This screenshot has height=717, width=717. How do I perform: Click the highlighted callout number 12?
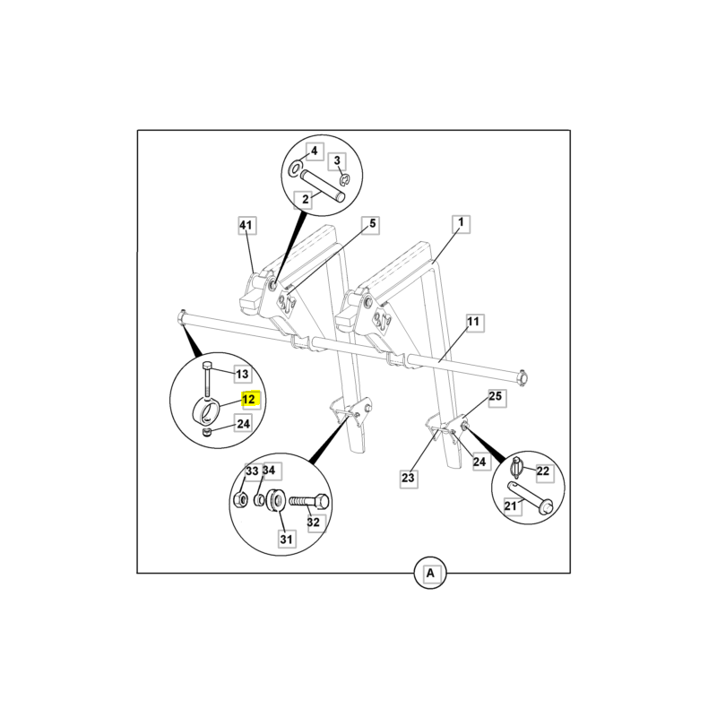coord(249,399)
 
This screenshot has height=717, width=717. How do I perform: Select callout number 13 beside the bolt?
coord(242,374)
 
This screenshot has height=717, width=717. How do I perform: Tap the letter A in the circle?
coord(430,573)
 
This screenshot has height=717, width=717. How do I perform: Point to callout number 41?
coord(246,225)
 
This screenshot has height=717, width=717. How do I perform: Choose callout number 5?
coord(372,223)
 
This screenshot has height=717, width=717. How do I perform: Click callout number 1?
coord(461,222)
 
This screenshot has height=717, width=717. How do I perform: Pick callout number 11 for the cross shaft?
coord(473,322)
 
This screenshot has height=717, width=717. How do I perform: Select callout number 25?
coord(496,396)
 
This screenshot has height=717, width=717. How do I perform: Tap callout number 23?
coord(408,478)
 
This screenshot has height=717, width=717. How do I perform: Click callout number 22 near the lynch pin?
coord(543,471)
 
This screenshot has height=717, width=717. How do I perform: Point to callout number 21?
coord(510,505)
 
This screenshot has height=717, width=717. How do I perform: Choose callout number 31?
coord(286,540)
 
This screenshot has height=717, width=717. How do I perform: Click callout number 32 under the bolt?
coord(313,522)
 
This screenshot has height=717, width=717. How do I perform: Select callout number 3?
coord(337,160)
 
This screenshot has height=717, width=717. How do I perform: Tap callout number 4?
coord(315,151)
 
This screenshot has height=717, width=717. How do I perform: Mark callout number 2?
coord(305,199)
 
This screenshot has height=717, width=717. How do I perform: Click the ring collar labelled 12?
coord(206,410)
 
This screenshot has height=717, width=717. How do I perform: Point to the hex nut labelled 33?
coord(240,499)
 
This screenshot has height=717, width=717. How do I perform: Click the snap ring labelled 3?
coord(344,181)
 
